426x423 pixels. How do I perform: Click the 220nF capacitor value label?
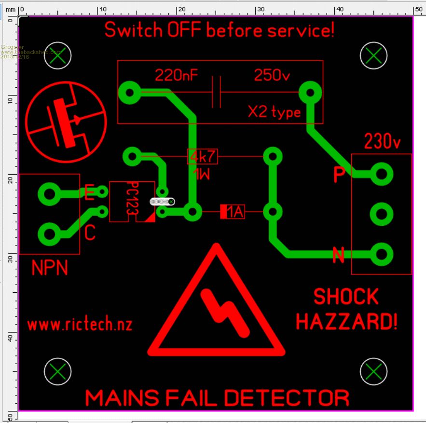177,75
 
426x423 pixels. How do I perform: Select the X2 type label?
275,112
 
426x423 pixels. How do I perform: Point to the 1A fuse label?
233,212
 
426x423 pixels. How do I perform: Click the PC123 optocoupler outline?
132,201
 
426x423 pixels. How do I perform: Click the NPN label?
50,268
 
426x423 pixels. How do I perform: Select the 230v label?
383,142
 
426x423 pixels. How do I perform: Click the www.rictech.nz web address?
80,324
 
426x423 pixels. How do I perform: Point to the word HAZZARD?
346,321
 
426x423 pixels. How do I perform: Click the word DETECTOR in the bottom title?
287,398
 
